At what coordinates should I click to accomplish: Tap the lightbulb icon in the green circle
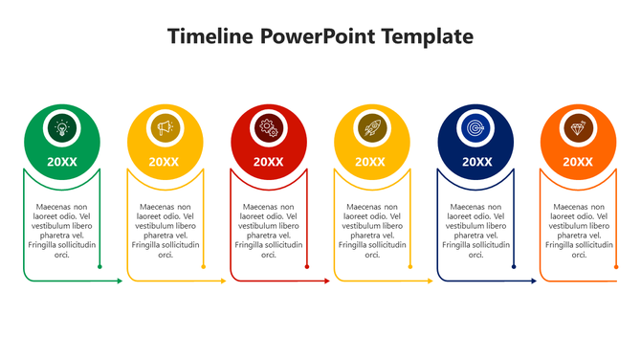click(x=62, y=127)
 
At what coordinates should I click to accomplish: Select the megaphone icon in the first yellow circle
click(x=166, y=127)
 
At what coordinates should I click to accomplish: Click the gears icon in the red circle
click(x=269, y=127)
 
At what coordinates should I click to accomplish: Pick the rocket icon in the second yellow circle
click(x=372, y=127)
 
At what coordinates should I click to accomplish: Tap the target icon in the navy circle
click(x=475, y=127)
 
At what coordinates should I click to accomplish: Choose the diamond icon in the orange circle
click(x=578, y=127)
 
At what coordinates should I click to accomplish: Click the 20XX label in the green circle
click(x=62, y=162)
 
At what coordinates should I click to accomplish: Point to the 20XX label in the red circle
click(x=269, y=162)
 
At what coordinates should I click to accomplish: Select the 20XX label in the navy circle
click(x=475, y=162)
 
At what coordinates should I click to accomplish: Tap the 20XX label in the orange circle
click(x=578, y=162)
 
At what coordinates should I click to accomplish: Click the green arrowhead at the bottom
click(x=120, y=281)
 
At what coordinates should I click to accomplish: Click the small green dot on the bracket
click(x=99, y=267)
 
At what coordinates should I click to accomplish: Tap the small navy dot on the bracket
click(x=514, y=267)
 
